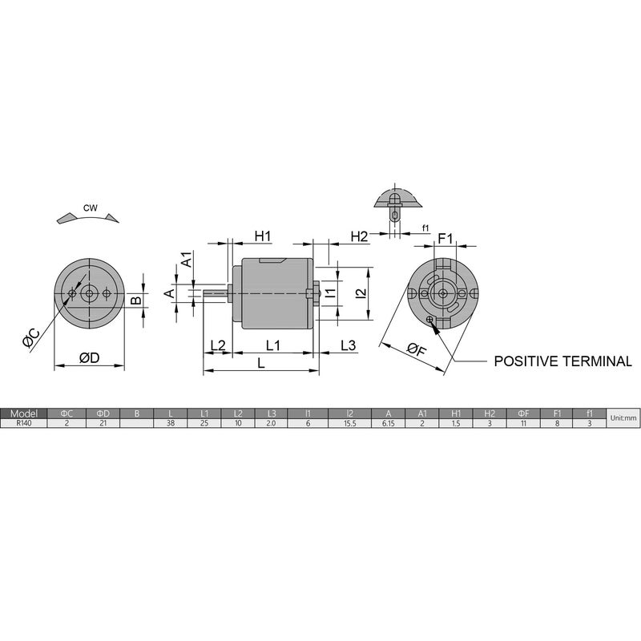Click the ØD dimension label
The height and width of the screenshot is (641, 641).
tap(89, 358)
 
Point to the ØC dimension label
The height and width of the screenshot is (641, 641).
tap(31, 338)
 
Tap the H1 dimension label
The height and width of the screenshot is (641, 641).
tap(263, 236)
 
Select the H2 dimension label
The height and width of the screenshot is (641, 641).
tap(359, 236)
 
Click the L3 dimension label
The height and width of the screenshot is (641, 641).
tap(347, 345)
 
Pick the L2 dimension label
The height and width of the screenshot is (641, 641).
tap(217, 345)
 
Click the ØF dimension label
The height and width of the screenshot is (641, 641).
tap(416, 350)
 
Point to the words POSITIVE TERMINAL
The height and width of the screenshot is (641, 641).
tap(562, 361)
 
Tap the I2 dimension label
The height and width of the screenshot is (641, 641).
tap(361, 294)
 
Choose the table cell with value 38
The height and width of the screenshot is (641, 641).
tap(170, 423)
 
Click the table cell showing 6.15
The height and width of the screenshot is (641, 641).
tap(388, 423)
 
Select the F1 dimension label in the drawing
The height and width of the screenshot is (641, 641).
tap(445, 238)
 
